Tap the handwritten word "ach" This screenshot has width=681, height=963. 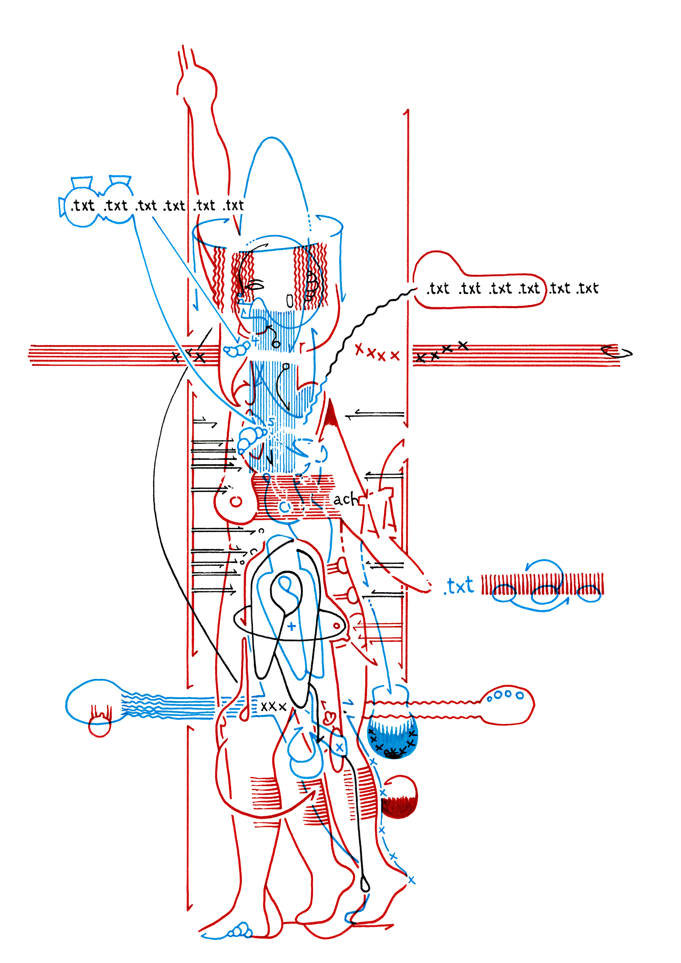pos(345,499)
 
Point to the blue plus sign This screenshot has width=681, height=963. pos(291,626)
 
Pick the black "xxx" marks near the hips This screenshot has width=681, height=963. pos(274,706)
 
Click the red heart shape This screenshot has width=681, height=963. pos(329,718)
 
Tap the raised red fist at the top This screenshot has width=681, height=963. pos(197,84)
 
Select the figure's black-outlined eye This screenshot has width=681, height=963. pos(256,286)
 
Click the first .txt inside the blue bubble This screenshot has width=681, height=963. pos(83,206)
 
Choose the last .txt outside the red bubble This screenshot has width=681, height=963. pos(588,288)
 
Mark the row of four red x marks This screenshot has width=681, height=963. pos(377,353)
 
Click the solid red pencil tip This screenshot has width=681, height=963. pos(330,415)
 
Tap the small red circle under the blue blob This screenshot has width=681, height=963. pos(100,726)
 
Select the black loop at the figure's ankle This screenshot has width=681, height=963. pos(365,884)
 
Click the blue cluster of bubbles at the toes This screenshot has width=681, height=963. pos(240,930)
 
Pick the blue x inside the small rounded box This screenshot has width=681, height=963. pos(340,747)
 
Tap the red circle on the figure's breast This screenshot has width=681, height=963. pos(236,502)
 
